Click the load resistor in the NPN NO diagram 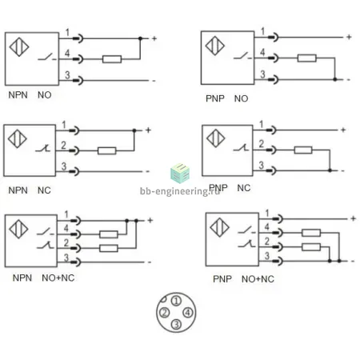(x=112, y=59)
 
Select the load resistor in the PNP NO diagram (x=307, y=58)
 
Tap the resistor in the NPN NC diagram (x=107, y=151)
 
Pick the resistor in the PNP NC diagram (x=303, y=150)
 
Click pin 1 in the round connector (x=176, y=301)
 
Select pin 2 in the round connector (x=164, y=313)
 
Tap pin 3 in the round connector (x=176, y=324)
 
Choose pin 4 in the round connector (x=188, y=313)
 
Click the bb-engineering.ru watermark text (x=180, y=191)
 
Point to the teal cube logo (x=180, y=174)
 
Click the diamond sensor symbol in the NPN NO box (x=19, y=47)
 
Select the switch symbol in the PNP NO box (x=242, y=56)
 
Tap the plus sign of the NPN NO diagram (x=154, y=38)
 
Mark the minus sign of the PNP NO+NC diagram (x=353, y=262)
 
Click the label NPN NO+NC (x=43, y=278)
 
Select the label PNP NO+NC (x=243, y=279)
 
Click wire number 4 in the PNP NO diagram (x=262, y=52)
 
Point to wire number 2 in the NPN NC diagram (x=63, y=146)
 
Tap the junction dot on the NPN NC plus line (x=134, y=130)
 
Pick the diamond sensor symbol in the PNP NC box (x=216, y=138)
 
